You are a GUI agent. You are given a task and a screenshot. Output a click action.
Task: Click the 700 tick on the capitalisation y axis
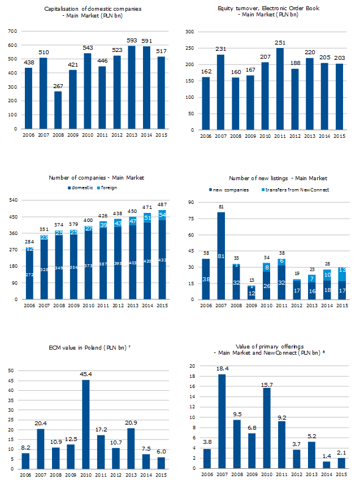click(12, 31)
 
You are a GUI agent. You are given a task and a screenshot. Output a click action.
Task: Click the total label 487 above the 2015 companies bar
click(162, 204)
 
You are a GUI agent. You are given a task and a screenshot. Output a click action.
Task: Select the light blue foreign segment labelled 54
click(162, 215)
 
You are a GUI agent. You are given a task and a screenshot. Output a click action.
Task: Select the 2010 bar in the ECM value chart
click(86, 424)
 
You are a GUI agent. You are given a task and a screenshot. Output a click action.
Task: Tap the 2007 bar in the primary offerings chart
click(222, 421)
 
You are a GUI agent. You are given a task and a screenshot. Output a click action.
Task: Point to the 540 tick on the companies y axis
click(12, 200)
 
